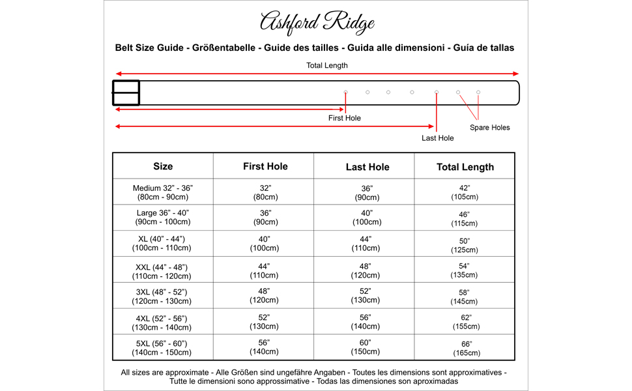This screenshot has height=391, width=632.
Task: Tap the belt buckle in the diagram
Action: (x=126, y=92)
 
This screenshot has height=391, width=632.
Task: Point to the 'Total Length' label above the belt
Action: (x=327, y=65)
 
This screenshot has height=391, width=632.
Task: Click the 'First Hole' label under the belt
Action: (x=344, y=118)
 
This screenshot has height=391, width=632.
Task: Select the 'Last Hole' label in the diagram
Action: (x=437, y=138)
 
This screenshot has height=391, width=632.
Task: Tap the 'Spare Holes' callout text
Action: (x=490, y=128)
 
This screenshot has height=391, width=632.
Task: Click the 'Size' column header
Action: (x=163, y=166)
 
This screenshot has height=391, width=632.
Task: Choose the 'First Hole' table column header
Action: (x=265, y=166)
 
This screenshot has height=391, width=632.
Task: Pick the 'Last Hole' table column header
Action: (x=367, y=167)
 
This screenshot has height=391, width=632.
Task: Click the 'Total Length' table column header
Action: (x=465, y=167)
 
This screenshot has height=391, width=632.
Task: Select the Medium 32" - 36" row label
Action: (x=163, y=192)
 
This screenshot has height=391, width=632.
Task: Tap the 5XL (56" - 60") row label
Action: (x=163, y=347)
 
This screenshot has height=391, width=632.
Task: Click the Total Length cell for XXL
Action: (x=465, y=270)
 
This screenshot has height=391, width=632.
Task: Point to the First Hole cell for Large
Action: (x=265, y=218)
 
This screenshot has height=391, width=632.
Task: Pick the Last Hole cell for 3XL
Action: (x=367, y=296)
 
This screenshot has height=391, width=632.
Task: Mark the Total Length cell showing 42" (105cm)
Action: (x=465, y=192)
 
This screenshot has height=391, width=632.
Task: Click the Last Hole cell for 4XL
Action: (x=367, y=322)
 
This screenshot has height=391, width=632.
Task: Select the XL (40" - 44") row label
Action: (x=163, y=244)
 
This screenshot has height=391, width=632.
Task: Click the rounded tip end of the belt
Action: (x=515, y=92)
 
